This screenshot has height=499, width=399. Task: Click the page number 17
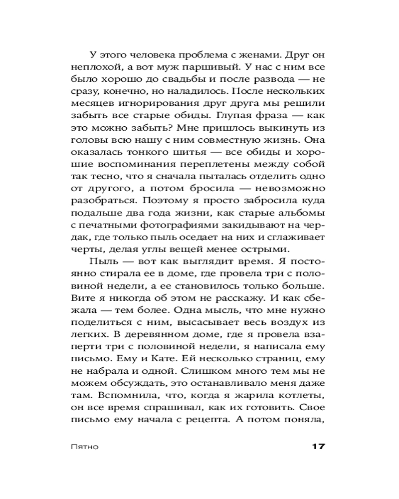(315, 446)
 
